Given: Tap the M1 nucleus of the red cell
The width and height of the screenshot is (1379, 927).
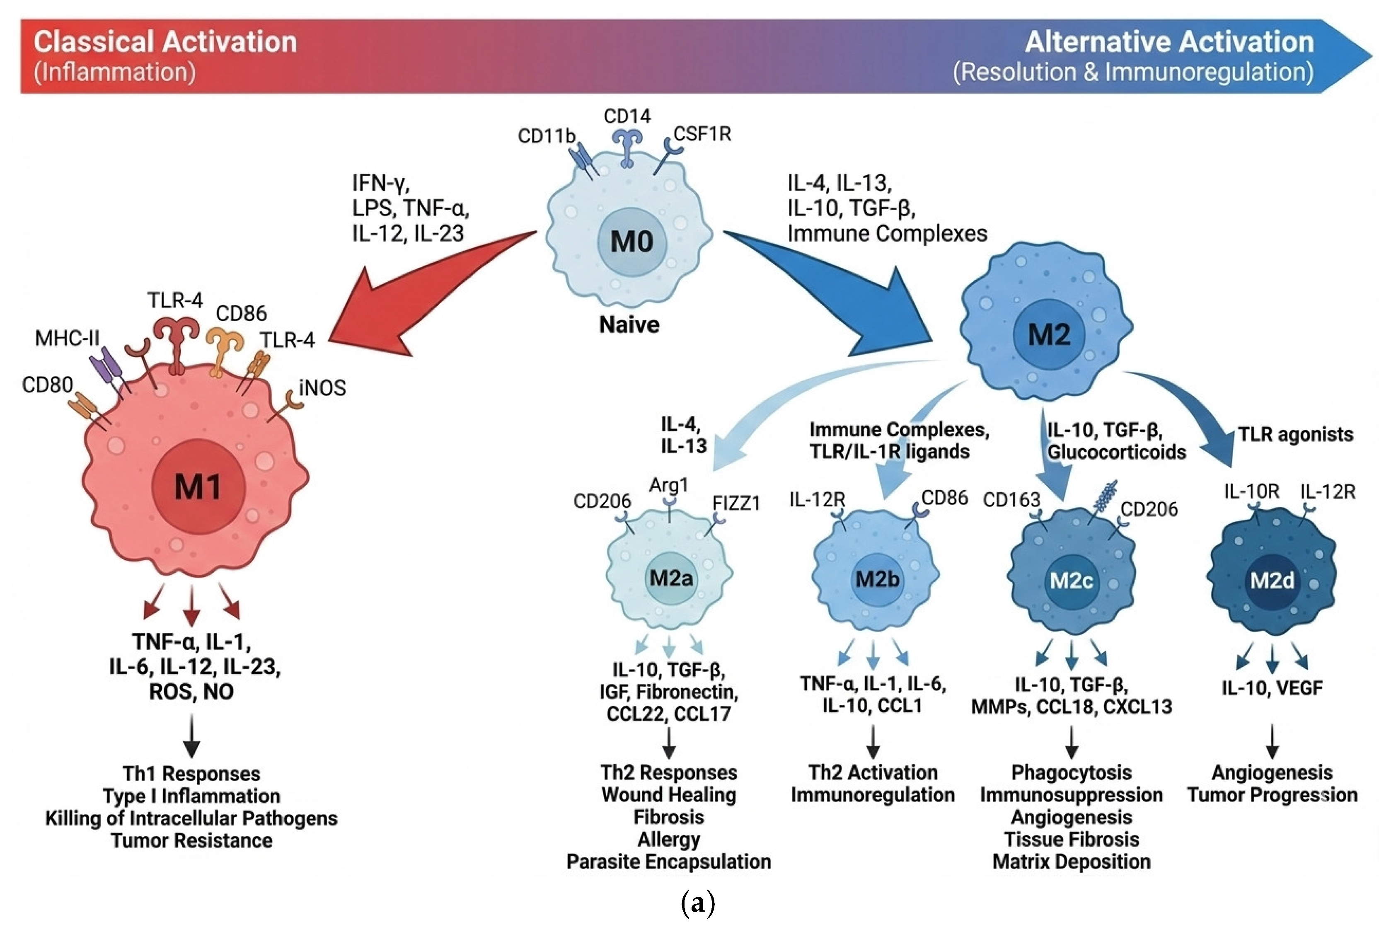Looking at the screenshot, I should [x=197, y=486].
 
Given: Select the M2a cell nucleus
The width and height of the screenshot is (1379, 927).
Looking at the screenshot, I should [x=671, y=578].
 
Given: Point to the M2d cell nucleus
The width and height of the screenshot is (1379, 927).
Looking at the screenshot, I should [x=1272, y=581].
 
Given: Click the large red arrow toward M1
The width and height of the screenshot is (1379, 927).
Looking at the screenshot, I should [x=414, y=295].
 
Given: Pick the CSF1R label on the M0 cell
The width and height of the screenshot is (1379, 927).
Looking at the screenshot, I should [x=702, y=134].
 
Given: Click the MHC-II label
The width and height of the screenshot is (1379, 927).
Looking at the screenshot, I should [x=67, y=338].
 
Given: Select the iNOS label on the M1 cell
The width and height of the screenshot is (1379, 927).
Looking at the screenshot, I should [x=322, y=388].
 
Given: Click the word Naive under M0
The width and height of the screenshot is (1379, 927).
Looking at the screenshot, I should [x=629, y=324].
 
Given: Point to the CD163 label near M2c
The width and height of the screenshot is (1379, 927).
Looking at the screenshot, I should [x=1011, y=500].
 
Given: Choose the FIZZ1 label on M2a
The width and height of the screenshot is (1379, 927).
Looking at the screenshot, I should [x=736, y=503].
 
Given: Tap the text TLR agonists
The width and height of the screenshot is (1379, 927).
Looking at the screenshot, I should [x=1296, y=435].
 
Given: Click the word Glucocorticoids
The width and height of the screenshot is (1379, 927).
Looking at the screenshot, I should [x=1117, y=452].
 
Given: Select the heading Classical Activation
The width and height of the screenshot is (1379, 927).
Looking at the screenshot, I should [x=165, y=43].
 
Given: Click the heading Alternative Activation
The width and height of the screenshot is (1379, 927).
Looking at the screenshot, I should [x=1169, y=43].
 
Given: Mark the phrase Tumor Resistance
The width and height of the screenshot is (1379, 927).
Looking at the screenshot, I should [x=191, y=840].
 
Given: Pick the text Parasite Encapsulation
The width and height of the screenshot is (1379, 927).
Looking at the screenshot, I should [x=668, y=862].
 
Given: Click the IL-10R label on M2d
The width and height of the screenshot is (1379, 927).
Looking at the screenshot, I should [x=1251, y=491].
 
